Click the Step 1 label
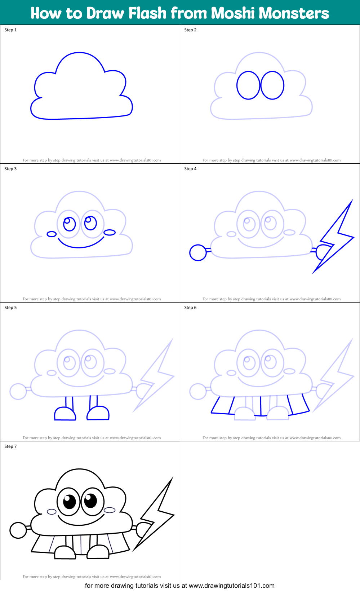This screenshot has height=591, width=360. (10, 30)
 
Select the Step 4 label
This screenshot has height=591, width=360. (190, 169)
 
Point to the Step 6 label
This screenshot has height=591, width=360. (190, 308)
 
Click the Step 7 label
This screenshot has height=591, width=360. (10, 446)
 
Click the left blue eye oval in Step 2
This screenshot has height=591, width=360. (248, 85)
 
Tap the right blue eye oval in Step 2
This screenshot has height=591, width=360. (272, 85)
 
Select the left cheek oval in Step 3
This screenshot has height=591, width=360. (52, 234)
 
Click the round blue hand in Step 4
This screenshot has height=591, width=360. (198, 252)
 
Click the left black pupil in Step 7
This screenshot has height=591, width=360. (69, 501)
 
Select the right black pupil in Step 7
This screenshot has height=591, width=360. (90, 500)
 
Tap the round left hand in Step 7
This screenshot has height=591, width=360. (18, 530)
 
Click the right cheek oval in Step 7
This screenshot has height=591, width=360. (110, 510)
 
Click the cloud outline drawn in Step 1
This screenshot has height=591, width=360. (79, 53)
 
